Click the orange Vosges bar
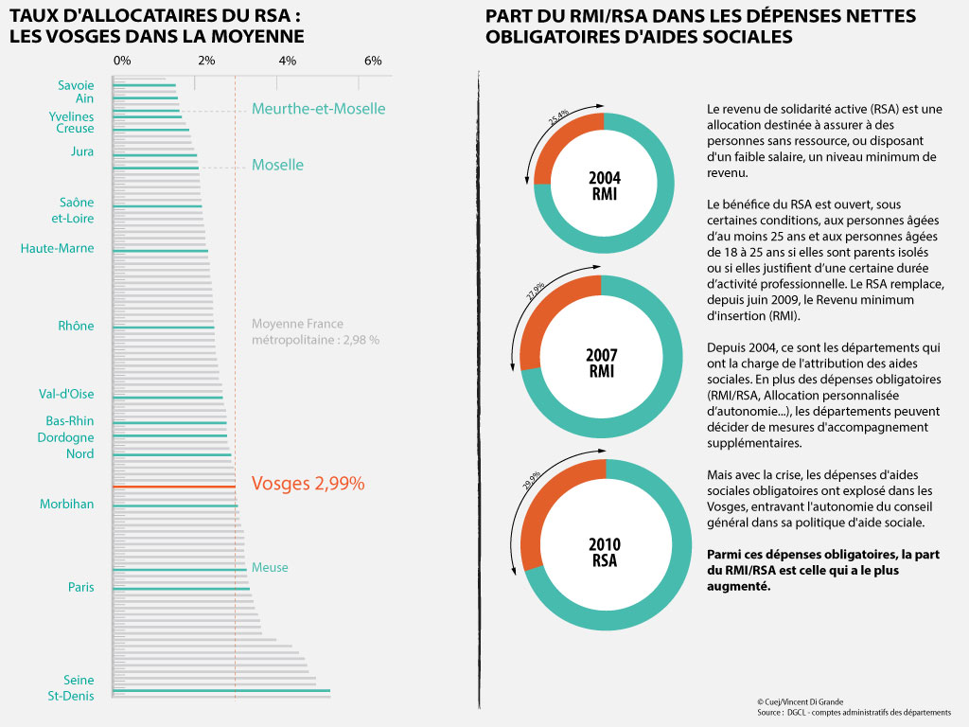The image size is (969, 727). pyautogui.click(x=174, y=488)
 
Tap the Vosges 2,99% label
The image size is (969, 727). pyautogui.click(x=308, y=484)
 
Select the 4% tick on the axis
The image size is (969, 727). pyautogui.click(x=277, y=83)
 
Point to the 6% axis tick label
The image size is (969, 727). pyautogui.click(x=373, y=61)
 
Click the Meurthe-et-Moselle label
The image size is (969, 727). pyautogui.click(x=318, y=109)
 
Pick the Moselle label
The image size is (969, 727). pyautogui.click(x=277, y=165)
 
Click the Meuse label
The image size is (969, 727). pyautogui.click(x=270, y=568)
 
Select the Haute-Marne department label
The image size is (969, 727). pyautogui.click(x=57, y=249)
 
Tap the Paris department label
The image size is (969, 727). pyautogui.click(x=81, y=587)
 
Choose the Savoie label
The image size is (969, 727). pyautogui.click(x=76, y=85)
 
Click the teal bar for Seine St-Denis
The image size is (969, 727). pyautogui.click(x=221, y=690)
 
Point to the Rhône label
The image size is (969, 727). pyautogui.click(x=76, y=326)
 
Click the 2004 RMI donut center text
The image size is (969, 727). pyautogui.click(x=605, y=186)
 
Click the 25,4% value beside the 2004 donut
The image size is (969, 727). pyautogui.click(x=558, y=116)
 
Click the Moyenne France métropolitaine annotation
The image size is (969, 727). pyautogui.click(x=315, y=332)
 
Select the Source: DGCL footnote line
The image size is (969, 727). pyautogui.click(x=854, y=713)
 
